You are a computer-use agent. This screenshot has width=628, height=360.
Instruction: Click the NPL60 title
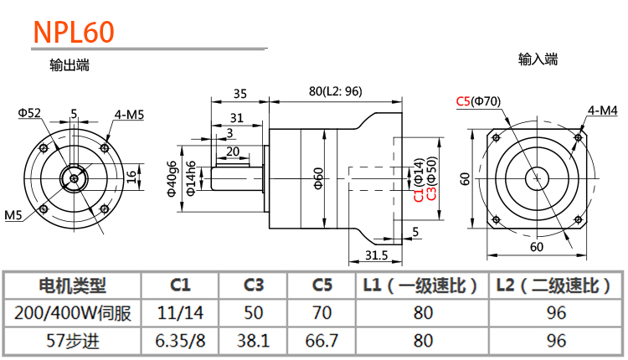click(x=73, y=33)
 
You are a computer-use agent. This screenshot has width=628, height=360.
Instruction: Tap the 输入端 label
click(x=538, y=59)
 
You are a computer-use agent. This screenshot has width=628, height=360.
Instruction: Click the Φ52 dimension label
click(x=29, y=112)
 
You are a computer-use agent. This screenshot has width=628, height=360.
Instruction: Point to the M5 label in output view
click(x=13, y=216)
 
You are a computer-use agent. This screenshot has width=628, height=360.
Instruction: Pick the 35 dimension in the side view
click(x=240, y=93)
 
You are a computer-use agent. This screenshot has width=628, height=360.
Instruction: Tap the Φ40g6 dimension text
click(x=172, y=177)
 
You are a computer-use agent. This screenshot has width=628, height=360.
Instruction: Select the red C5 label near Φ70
click(x=463, y=102)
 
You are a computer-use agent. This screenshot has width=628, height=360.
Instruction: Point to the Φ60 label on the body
click(x=318, y=177)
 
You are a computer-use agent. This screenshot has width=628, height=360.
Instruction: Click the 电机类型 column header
click(x=73, y=285)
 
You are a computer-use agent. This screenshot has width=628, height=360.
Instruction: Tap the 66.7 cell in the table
click(x=322, y=341)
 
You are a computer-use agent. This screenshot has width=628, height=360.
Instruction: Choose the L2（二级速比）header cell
click(x=553, y=285)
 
